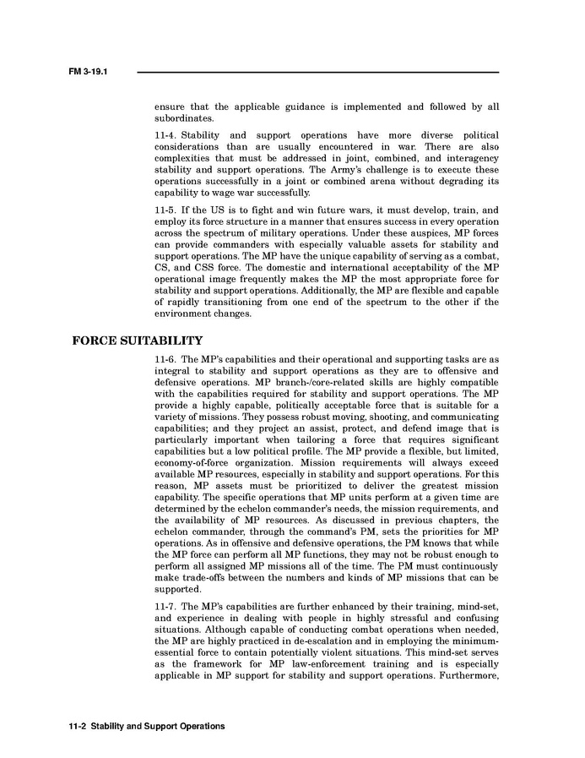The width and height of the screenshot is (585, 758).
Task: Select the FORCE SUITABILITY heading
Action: [138, 341]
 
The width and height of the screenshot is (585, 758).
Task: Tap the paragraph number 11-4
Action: [165, 135]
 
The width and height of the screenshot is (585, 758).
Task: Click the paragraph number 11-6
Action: [165, 360]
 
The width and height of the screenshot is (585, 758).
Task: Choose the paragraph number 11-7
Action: [165, 607]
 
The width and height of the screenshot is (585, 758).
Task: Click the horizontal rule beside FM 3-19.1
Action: [317, 72]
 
